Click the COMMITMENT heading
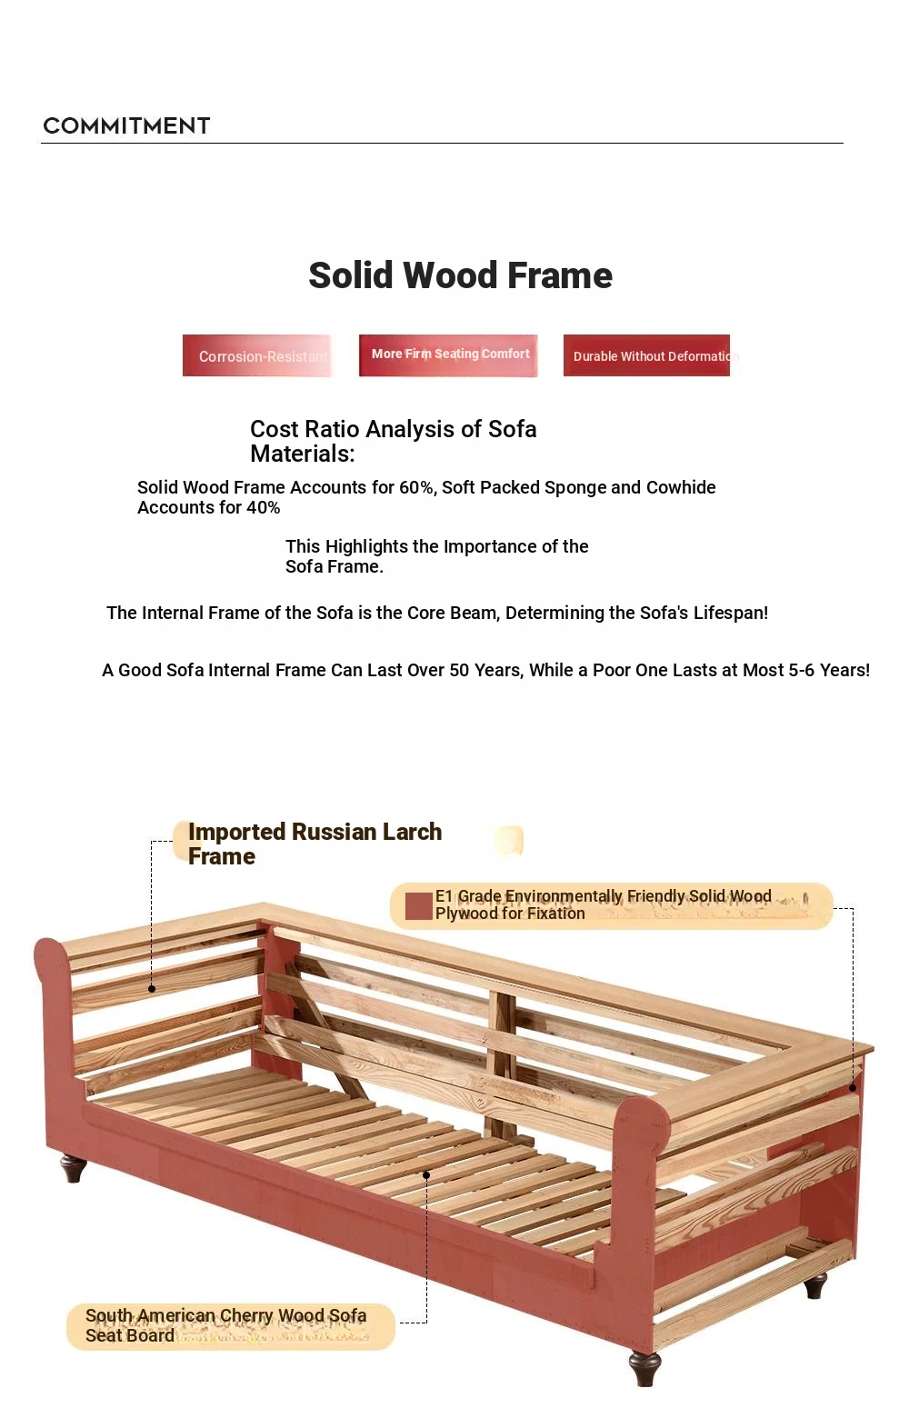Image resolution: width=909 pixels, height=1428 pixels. click(126, 125)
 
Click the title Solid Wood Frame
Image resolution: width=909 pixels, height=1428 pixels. click(460, 275)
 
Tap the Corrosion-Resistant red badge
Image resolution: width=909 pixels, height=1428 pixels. click(258, 355)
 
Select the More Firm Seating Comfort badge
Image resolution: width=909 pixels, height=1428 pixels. click(449, 355)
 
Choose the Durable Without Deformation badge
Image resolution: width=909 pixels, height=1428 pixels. click(647, 355)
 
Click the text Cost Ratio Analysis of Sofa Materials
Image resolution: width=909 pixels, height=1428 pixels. click(393, 441)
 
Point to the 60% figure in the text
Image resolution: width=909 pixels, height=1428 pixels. click(416, 487)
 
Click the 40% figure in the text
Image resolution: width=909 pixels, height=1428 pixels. click(263, 507)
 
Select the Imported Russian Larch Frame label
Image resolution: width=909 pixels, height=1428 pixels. click(315, 844)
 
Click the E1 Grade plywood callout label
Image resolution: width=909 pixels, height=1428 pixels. click(611, 904)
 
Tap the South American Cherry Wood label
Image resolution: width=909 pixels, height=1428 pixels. click(225, 1325)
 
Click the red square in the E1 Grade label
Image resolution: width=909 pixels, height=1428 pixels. click(418, 906)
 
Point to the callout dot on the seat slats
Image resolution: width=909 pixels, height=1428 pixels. click(426, 1175)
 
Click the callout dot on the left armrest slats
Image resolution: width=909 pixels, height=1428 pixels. click(152, 988)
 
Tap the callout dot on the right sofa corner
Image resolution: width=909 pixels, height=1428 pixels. click(853, 1088)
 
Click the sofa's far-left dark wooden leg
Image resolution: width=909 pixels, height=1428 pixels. click(74, 1167)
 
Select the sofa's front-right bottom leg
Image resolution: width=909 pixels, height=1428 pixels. click(644, 1368)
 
